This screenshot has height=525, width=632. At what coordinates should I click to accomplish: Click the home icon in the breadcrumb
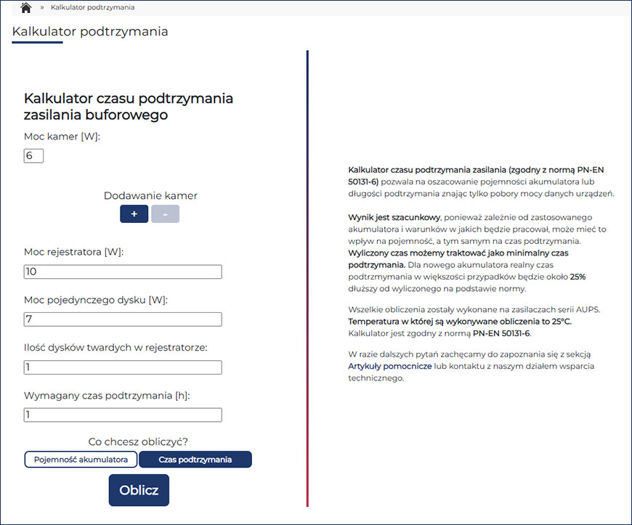coord(26,8)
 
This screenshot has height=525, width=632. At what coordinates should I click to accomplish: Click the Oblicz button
coord(139,490)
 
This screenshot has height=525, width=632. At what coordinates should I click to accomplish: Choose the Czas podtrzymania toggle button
coord(195,460)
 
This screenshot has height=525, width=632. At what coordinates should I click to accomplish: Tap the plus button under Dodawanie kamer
coord(134,214)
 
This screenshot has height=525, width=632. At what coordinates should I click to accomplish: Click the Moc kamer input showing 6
coord(33,156)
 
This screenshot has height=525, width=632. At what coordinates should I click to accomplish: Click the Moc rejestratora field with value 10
coord(123,272)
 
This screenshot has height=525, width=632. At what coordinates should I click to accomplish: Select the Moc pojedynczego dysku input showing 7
coord(123,320)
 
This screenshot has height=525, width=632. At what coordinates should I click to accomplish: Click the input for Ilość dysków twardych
coord(123,367)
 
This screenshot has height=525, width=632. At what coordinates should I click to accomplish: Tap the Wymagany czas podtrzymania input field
coord(123,415)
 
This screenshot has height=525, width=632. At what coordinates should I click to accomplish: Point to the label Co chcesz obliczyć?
coord(138,441)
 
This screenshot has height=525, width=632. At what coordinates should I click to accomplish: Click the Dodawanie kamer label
coord(150,196)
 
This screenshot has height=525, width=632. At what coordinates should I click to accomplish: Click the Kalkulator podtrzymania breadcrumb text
coord(92,7)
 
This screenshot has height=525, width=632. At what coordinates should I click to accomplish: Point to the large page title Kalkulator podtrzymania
coord(90,32)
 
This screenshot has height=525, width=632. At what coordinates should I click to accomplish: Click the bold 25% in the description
coord(578,277)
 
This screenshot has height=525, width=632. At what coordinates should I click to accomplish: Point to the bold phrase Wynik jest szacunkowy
coord(394,217)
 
